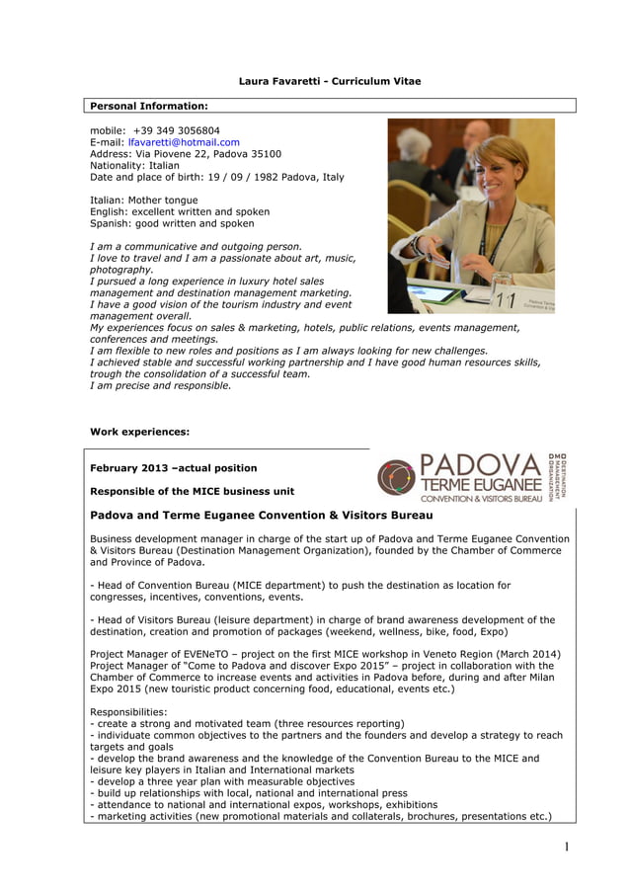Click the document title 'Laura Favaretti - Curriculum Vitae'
(330, 81)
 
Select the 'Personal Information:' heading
(149, 106)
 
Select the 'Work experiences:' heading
(139, 432)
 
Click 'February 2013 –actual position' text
(173, 468)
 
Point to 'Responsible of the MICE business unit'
(192, 491)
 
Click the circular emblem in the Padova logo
(396, 477)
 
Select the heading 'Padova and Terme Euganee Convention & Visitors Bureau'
(262, 516)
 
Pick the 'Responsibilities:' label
(128, 711)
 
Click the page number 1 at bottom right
(567, 847)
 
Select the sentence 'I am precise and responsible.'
(160, 386)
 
